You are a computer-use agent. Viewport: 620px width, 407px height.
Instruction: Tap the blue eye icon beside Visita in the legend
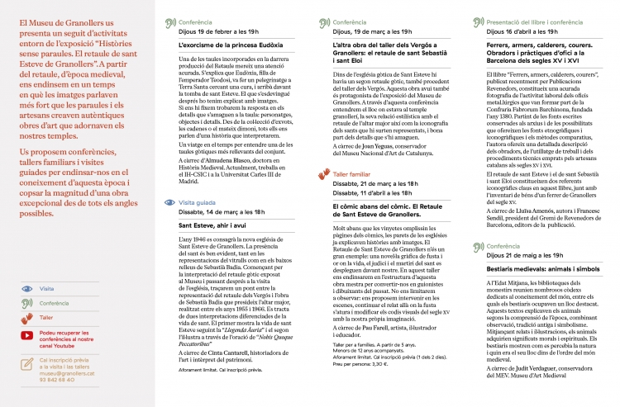(28, 289)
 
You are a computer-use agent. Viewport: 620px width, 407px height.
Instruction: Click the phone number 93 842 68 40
(58, 380)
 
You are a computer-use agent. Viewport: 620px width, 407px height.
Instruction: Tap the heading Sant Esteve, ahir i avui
(214, 225)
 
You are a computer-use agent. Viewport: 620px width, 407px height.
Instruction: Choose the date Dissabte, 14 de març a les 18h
(221, 211)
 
